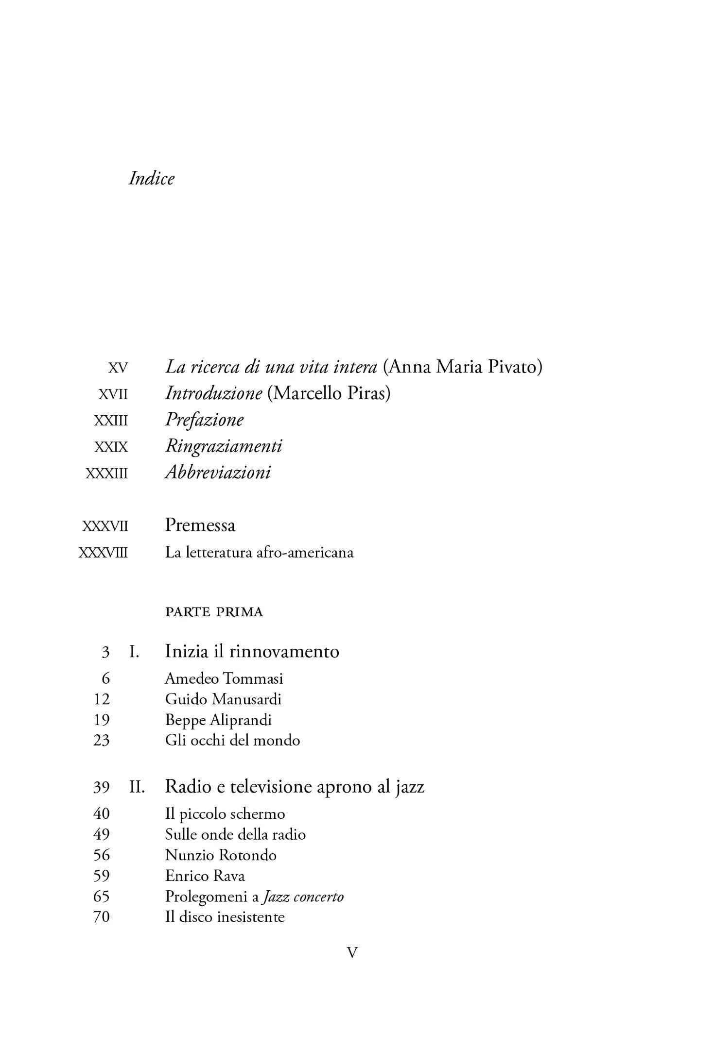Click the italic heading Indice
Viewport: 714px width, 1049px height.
point(151,179)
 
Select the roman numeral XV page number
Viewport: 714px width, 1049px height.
point(118,368)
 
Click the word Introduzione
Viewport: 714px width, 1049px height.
point(213,393)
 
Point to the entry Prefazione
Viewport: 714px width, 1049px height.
point(204,420)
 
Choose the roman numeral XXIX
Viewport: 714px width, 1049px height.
point(111,447)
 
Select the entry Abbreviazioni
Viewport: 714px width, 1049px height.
point(218,473)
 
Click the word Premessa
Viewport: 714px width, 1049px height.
point(200,525)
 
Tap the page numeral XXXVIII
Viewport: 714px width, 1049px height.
point(103,553)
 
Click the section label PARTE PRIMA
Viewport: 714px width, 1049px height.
point(214,612)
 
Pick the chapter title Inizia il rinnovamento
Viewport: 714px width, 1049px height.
point(252,651)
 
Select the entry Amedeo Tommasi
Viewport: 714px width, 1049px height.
point(224,678)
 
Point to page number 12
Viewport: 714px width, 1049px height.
point(102,699)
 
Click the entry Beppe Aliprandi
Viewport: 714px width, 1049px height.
point(218,720)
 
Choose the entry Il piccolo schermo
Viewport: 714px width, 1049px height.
point(225,814)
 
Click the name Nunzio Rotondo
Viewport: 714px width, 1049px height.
point(221,855)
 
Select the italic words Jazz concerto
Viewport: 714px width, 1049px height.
point(303,897)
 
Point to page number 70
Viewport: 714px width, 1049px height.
point(101,917)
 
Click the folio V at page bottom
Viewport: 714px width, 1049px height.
point(352,953)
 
